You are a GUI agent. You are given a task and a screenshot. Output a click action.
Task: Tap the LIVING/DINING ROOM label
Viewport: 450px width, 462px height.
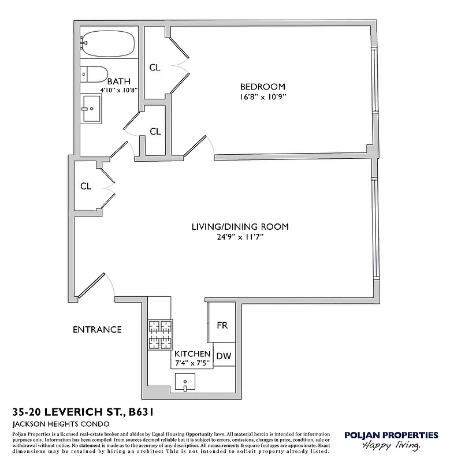[x=240, y=227]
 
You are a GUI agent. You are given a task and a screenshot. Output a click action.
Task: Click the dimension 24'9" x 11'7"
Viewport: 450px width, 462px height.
[x=240, y=237]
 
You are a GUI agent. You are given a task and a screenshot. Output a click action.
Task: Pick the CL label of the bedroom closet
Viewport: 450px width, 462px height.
[x=155, y=68]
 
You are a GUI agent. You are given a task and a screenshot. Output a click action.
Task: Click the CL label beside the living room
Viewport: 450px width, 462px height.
[x=85, y=186]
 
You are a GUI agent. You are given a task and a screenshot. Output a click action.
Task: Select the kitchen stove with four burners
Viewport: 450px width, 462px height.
[x=160, y=335]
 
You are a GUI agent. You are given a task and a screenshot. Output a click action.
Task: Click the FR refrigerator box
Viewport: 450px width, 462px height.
[x=222, y=325]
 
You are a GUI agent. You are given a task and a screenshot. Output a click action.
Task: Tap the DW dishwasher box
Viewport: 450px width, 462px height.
[x=224, y=356]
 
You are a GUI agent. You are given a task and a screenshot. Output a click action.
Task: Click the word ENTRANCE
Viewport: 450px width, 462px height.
[x=97, y=330]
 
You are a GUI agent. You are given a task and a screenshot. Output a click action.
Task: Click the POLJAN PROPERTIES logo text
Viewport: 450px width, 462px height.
[x=391, y=435]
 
